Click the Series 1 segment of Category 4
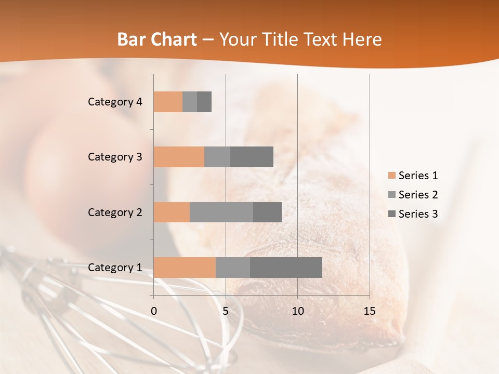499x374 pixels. [x=168, y=102]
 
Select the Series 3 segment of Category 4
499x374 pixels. [x=204, y=102]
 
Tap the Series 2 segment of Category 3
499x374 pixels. [x=217, y=157]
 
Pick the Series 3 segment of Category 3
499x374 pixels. [x=252, y=157]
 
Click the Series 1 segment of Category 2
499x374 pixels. [x=172, y=212]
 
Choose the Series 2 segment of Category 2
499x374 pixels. [x=221, y=212]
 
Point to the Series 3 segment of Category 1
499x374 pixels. [x=286, y=268]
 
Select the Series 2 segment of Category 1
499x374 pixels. [x=233, y=268]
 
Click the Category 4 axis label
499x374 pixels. [x=115, y=102]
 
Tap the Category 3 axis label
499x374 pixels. [x=115, y=157]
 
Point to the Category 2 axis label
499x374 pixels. [x=115, y=212]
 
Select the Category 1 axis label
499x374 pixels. [x=115, y=268]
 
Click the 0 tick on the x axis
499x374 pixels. [x=154, y=311]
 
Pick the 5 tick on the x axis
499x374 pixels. [x=226, y=311]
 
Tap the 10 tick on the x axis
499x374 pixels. [x=297, y=311]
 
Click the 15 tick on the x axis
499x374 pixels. [x=370, y=311]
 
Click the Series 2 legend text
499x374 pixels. [x=418, y=195]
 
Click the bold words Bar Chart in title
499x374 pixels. [x=156, y=39]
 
